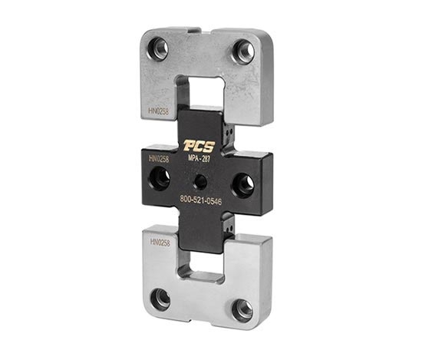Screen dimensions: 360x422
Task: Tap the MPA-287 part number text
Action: (x=199, y=159)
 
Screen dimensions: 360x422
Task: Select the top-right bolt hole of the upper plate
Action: (x=243, y=51)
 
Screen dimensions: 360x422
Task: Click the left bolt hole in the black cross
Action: (x=160, y=179)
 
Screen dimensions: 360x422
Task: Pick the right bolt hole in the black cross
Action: (x=242, y=183)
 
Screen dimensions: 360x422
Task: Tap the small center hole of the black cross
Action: (x=200, y=182)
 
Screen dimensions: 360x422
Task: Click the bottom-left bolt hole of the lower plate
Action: (x=160, y=299)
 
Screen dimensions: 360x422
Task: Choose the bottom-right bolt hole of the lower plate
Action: (x=242, y=309)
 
